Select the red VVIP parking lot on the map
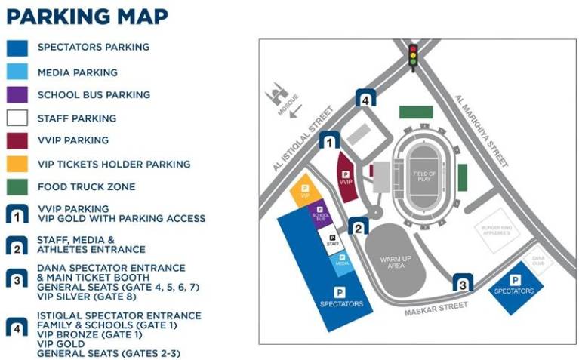click(x=346, y=178)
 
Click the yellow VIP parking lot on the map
click(x=305, y=192)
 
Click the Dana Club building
click(x=538, y=260)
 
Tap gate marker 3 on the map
click(x=462, y=283)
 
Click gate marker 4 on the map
click(x=365, y=98)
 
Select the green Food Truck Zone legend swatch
click(x=17, y=186)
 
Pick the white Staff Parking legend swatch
click(x=17, y=118)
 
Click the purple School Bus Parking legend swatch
click(x=17, y=95)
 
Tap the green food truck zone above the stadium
click(x=416, y=112)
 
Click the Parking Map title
click(x=87, y=17)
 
